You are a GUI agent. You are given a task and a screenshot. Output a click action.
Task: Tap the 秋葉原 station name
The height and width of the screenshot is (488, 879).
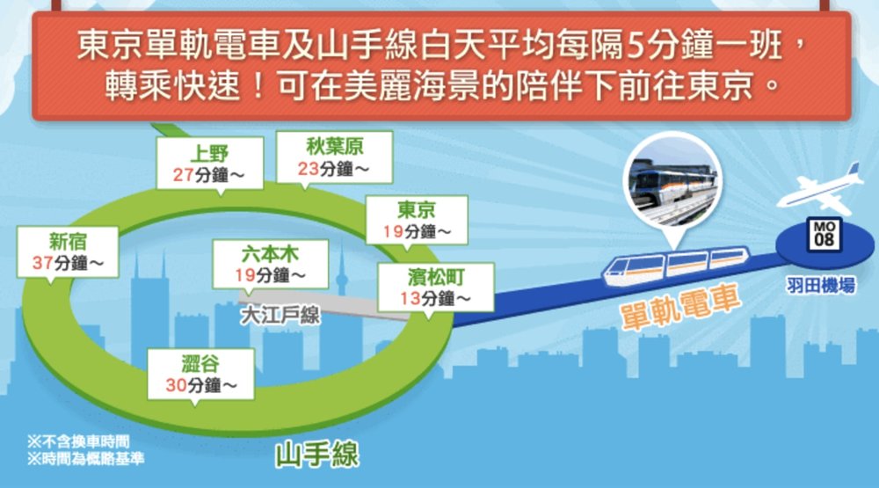[x=320, y=144]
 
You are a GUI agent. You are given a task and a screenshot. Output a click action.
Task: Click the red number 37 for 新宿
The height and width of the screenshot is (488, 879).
[x=39, y=262]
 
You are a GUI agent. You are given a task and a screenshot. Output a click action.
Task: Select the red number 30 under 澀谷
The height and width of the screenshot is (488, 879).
[x=175, y=384]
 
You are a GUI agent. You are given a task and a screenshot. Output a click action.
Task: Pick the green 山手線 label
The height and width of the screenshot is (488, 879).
[x=316, y=456]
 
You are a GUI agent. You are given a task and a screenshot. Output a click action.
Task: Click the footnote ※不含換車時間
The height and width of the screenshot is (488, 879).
[x=78, y=442]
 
